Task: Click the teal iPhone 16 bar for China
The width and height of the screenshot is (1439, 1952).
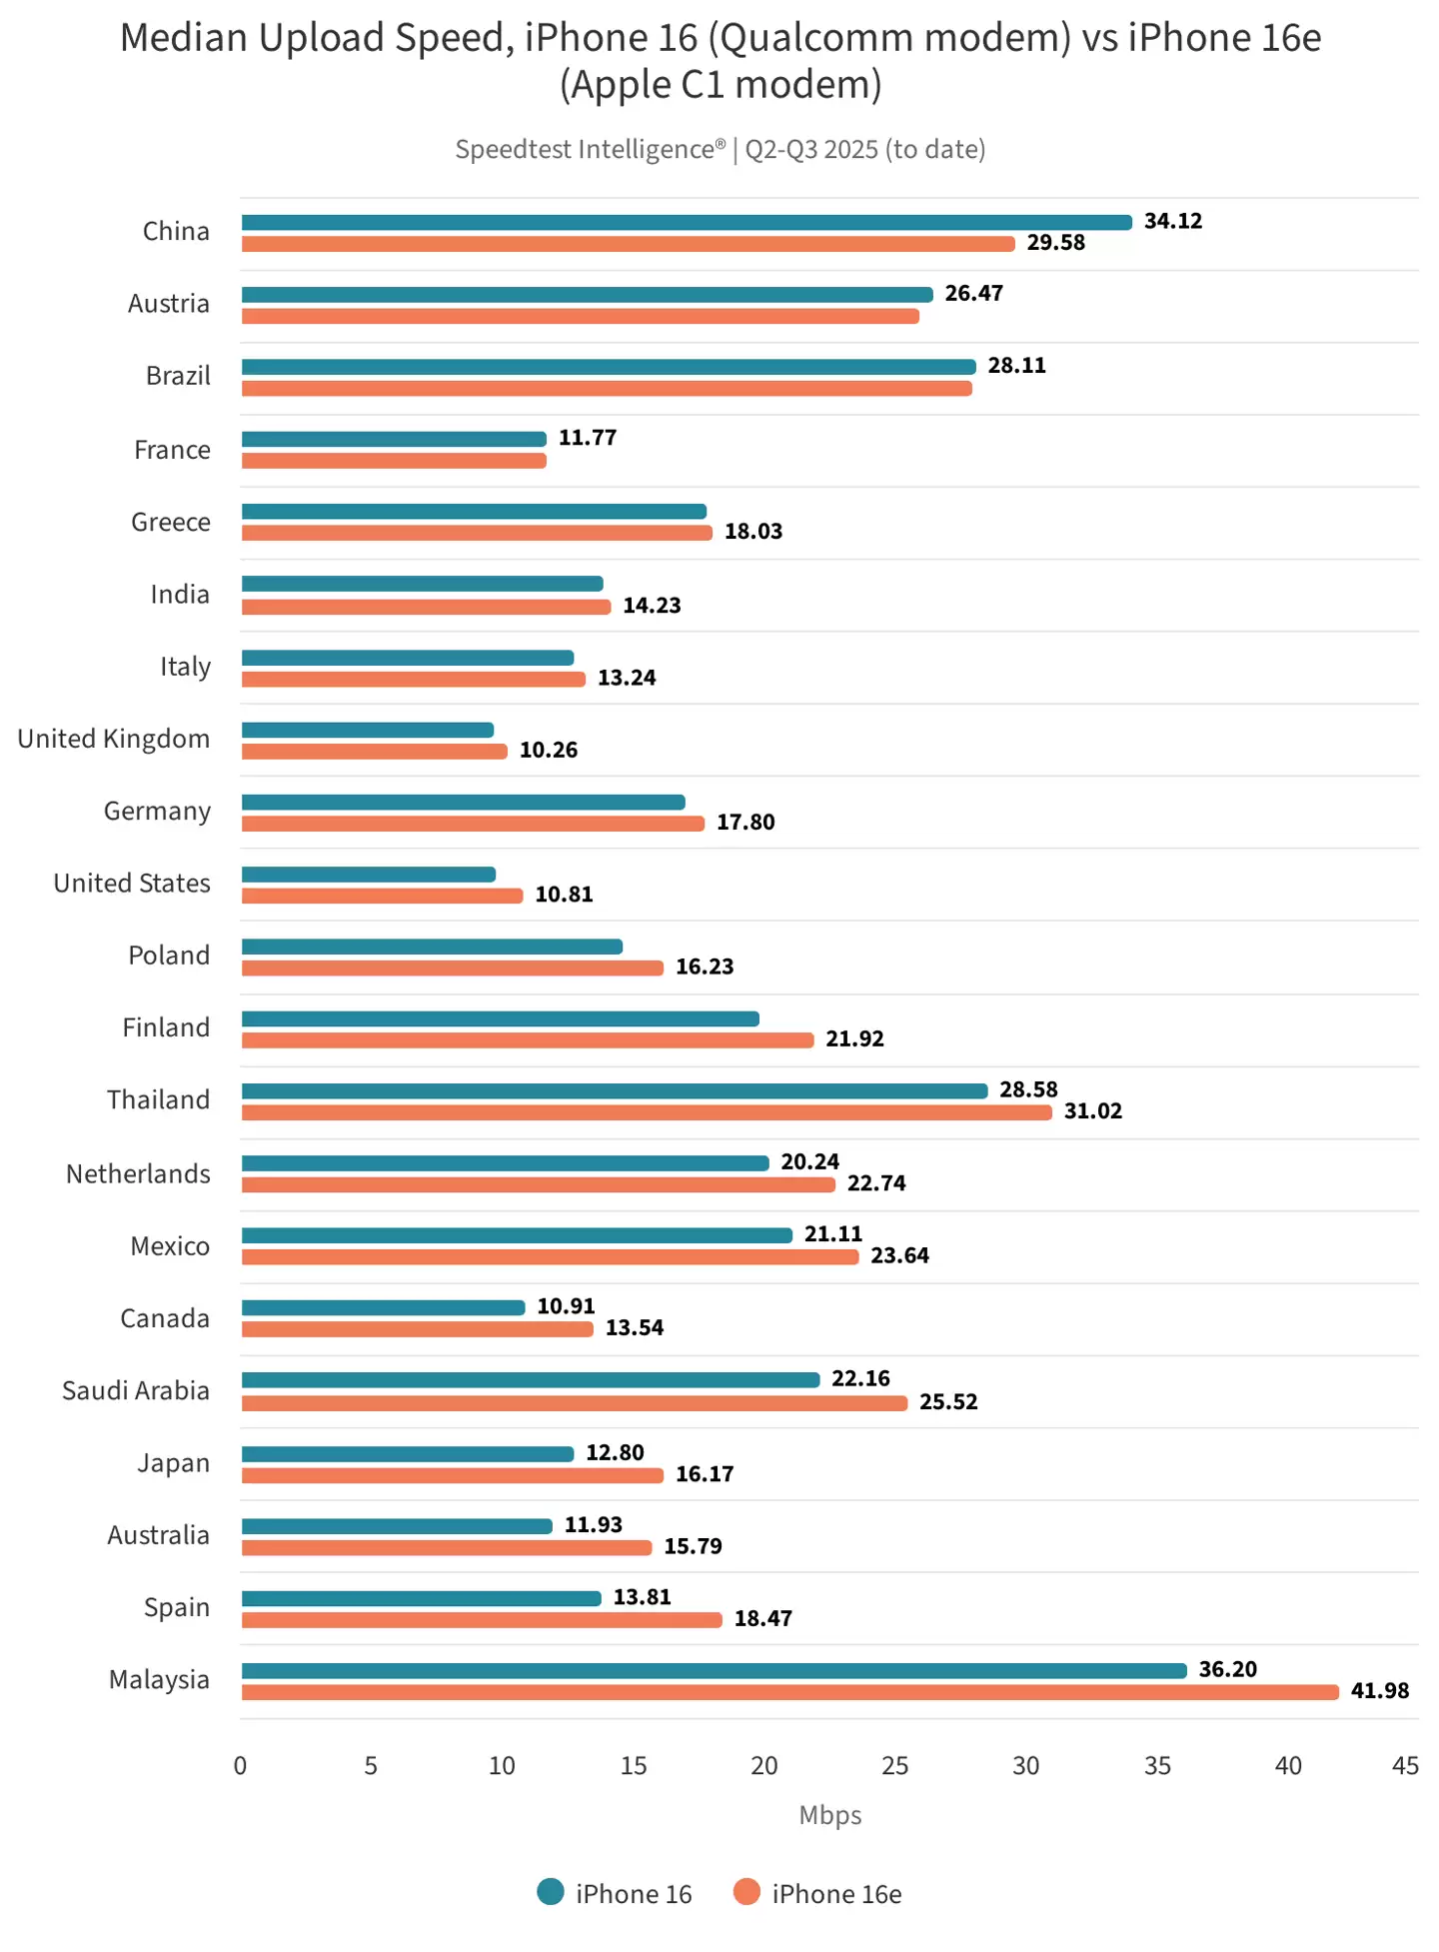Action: tap(687, 222)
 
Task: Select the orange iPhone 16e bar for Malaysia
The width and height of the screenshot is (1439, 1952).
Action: tap(789, 1692)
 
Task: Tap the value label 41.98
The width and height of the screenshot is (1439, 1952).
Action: tap(1379, 1691)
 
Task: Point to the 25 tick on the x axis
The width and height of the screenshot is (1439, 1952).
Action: tap(894, 1766)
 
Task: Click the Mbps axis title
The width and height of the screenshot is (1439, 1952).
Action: tap(829, 1815)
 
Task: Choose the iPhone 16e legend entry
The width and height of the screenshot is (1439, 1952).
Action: tap(836, 1894)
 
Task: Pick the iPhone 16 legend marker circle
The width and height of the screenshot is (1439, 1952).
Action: tap(551, 1892)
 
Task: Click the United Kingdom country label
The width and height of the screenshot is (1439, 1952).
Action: tap(114, 739)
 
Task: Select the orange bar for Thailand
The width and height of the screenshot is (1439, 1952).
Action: tap(647, 1112)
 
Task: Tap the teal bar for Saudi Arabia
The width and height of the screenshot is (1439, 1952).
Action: tap(531, 1380)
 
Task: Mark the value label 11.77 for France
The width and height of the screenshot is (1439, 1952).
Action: tap(587, 438)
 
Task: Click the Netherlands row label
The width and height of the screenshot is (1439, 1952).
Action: tap(138, 1173)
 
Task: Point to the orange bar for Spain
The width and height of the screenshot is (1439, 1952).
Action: tap(482, 1620)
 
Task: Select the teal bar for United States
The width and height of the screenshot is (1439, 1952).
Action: tap(369, 875)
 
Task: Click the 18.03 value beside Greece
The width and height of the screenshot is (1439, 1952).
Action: tap(752, 532)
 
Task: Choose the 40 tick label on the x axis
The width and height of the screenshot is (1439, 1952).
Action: tap(1288, 1766)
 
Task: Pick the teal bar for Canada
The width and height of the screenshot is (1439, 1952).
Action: tap(383, 1308)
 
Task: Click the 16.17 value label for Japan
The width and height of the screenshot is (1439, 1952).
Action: tap(705, 1474)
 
